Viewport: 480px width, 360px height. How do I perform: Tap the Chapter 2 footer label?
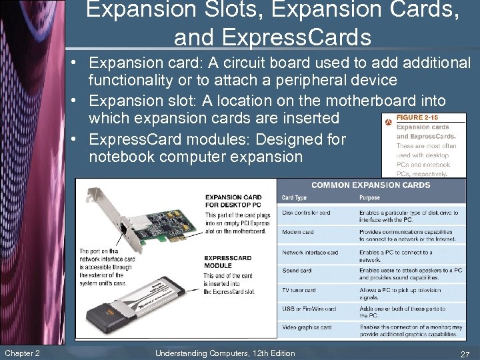(x=22, y=353)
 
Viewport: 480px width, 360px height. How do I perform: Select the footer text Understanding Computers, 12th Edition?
(x=225, y=353)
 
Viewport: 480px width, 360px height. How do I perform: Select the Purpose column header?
(x=369, y=197)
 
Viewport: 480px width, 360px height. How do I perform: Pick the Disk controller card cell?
(x=306, y=213)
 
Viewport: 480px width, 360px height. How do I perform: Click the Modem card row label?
(x=299, y=232)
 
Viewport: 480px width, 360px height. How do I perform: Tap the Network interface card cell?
(x=310, y=252)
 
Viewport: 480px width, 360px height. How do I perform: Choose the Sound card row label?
(x=297, y=271)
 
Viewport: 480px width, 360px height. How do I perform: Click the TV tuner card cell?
(x=299, y=290)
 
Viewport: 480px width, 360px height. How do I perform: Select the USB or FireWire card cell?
(x=309, y=309)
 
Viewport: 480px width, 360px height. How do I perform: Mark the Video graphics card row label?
(x=307, y=327)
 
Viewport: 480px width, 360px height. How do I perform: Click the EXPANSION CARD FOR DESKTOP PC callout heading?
(x=233, y=201)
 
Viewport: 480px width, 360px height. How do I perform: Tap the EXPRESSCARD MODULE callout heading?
(x=227, y=261)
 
